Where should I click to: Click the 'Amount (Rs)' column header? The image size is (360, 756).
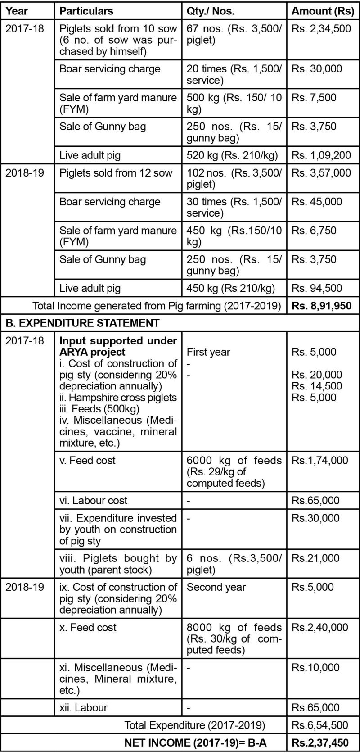tap(323, 11)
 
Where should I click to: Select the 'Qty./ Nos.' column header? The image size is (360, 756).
tap(211, 11)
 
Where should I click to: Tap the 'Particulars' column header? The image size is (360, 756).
tap(86, 11)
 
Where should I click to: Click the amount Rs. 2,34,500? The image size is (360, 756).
tap(321, 29)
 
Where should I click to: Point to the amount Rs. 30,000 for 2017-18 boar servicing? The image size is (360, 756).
tap(317, 69)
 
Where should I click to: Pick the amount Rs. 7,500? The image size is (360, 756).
tap(314, 98)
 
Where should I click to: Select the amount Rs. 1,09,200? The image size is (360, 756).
tap(321, 155)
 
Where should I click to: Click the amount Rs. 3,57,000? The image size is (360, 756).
tap(321, 173)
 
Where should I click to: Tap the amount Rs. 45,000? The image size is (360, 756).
tap(317, 202)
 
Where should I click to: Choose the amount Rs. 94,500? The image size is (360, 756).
tap(317, 288)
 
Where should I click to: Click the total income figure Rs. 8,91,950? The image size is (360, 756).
tap(321, 306)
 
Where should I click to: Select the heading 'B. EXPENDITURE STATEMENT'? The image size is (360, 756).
tap(82, 323)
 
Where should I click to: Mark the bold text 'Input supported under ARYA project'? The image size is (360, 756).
tap(118, 346)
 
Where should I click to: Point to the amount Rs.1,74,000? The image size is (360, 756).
tap(319, 460)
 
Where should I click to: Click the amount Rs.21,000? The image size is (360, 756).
tap(315, 558)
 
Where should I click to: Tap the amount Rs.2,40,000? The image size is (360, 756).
tap(319, 627)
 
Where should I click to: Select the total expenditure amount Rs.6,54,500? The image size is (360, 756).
tap(319, 725)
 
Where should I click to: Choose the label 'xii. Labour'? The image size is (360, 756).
tap(83, 707)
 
